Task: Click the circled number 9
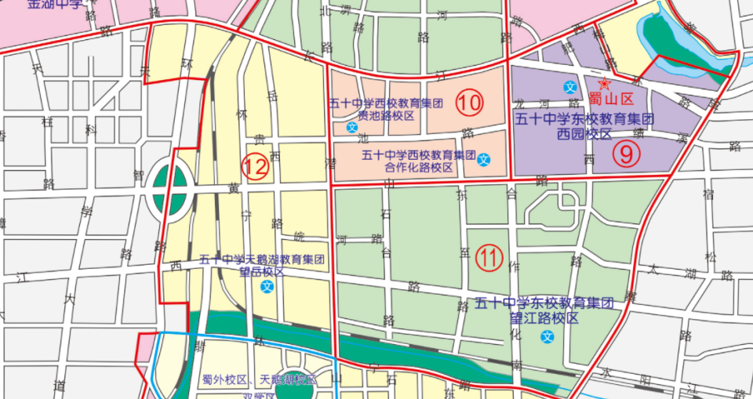tap(626, 154)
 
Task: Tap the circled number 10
tap(470, 102)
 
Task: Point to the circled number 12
tap(254, 166)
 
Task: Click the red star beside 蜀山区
tap(603, 84)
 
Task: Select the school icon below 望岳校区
tap(268, 287)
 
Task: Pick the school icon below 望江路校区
tap(547, 337)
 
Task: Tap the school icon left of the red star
tap(570, 85)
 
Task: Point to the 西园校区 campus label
tap(584, 134)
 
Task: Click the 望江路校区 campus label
tap(544, 318)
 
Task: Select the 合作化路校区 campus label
tap(420, 168)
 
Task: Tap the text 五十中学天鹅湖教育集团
tap(262, 259)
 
